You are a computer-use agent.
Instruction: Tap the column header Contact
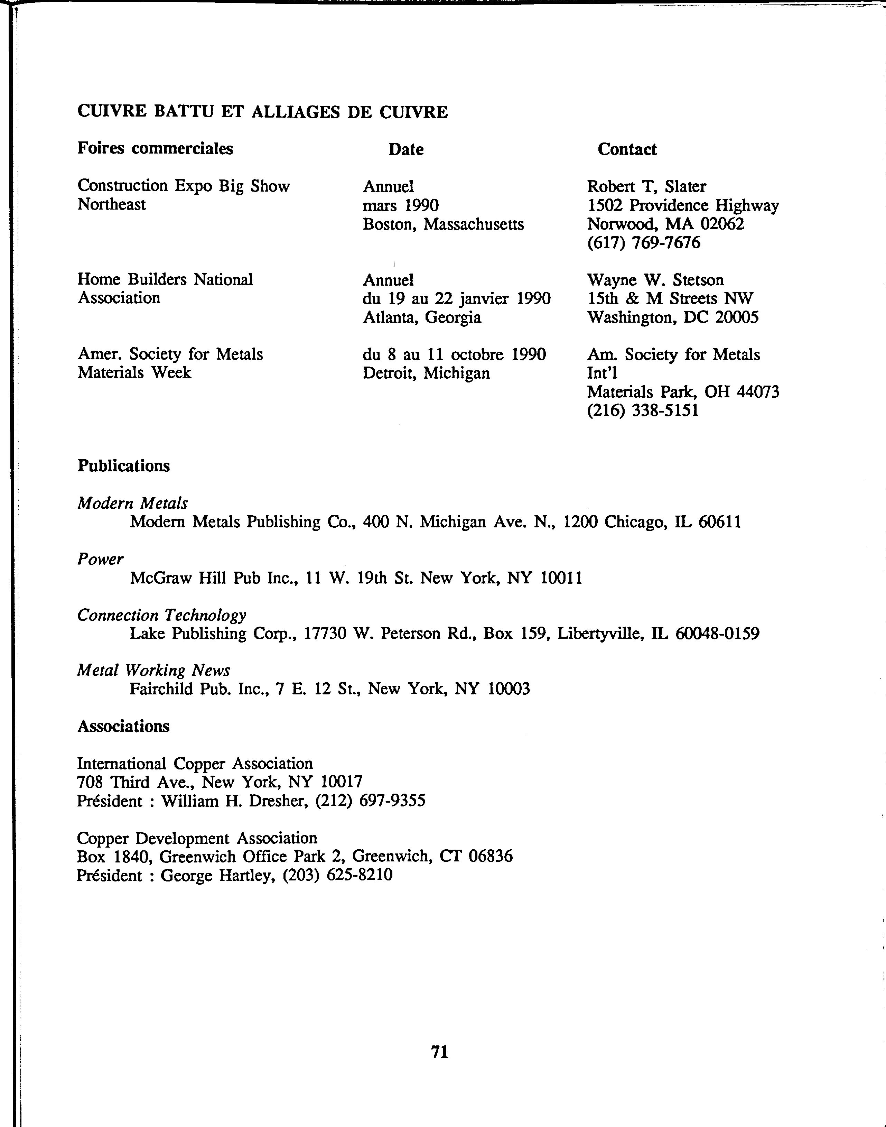pyautogui.click(x=627, y=149)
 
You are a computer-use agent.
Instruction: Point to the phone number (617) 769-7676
pyautogui.click(x=643, y=242)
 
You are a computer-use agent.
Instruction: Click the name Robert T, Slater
pyautogui.click(x=646, y=186)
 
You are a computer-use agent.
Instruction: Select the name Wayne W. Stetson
pyautogui.click(x=655, y=280)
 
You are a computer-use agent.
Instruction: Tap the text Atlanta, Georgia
pyautogui.click(x=422, y=317)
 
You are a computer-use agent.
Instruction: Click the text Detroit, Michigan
pyautogui.click(x=426, y=373)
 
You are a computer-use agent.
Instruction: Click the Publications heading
pyautogui.click(x=123, y=465)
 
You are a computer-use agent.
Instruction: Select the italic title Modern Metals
pyautogui.click(x=132, y=503)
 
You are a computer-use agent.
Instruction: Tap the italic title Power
pyautogui.click(x=100, y=559)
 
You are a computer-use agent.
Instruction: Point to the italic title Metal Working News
pyautogui.click(x=153, y=671)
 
